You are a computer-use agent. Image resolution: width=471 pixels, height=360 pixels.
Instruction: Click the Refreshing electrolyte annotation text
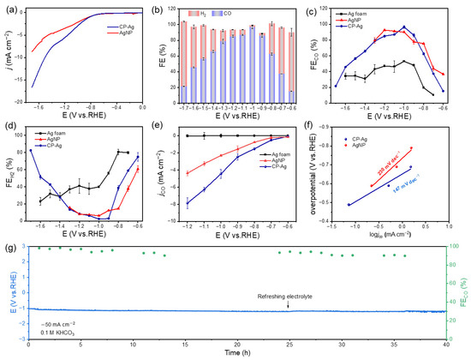coord(289,294)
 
